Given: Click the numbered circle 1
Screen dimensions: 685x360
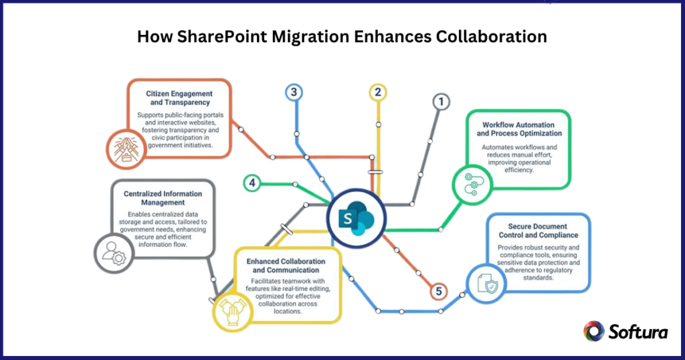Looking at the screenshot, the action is tap(439, 102).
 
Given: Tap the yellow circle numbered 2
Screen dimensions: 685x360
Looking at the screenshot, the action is tap(378, 92).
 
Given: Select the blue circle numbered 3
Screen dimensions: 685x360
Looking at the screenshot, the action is tap(293, 92).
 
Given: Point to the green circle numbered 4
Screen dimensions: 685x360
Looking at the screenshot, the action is tap(252, 183).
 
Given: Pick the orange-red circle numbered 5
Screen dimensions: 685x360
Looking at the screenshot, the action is tap(438, 291).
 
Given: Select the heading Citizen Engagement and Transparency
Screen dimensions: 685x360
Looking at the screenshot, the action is tap(179, 98).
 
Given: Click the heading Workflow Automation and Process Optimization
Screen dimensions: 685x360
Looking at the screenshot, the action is tap(522, 128).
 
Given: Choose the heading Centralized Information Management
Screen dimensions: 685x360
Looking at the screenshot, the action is tap(163, 197).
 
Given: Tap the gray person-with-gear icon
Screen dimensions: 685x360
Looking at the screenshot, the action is tap(110, 252).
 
